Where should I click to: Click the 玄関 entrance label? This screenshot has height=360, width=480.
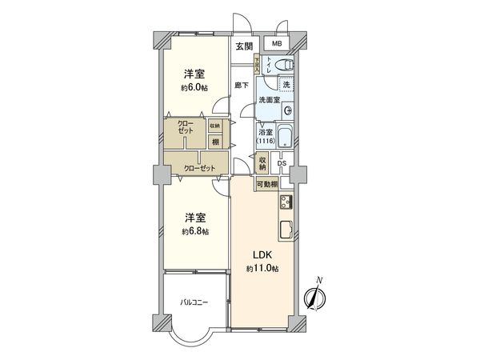pyautogui.click(x=243, y=46)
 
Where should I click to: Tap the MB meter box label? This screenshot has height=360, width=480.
pyautogui.click(x=276, y=44)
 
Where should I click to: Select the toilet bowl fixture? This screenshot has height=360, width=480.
pyautogui.click(x=289, y=65)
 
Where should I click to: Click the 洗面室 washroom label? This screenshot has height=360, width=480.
pyautogui.click(x=268, y=100)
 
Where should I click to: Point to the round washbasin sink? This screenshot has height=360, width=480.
pyautogui.click(x=288, y=110)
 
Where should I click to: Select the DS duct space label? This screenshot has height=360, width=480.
pyautogui.click(x=281, y=164)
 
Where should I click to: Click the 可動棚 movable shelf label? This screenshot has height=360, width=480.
pyautogui.click(x=267, y=185)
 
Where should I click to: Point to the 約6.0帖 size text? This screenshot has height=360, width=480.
pyautogui.click(x=194, y=88)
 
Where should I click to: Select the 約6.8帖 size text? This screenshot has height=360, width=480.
pyautogui.click(x=194, y=231)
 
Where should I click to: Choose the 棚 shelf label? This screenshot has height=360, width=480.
pyautogui.click(x=216, y=142)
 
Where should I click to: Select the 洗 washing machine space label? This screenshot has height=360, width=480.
pyautogui.click(x=287, y=84)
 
